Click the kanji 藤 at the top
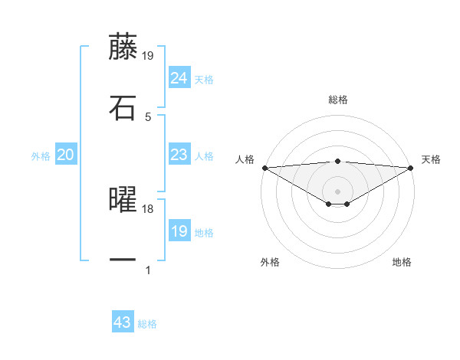click(x=123, y=47)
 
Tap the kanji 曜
click(x=123, y=200)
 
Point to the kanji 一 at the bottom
click(x=123, y=260)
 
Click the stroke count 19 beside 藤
click(x=148, y=55)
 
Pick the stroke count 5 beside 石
click(x=148, y=116)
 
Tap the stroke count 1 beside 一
click(x=148, y=270)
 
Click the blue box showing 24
click(x=179, y=77)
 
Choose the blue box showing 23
click(x=179, y=155)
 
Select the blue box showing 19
click(x=179, y=231)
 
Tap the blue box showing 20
click(x=65, y=155)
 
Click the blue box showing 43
click(x=123, y=322)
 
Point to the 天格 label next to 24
click(x=204, y=80)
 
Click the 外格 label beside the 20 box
click(x=41, y=156)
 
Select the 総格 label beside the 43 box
click(x=147, y=324)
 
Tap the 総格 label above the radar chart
click(x=338, y=100)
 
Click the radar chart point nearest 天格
click(x=411, y=168)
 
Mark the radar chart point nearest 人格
click(x=264, y=168)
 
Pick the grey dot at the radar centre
click(x=337, y=191)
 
